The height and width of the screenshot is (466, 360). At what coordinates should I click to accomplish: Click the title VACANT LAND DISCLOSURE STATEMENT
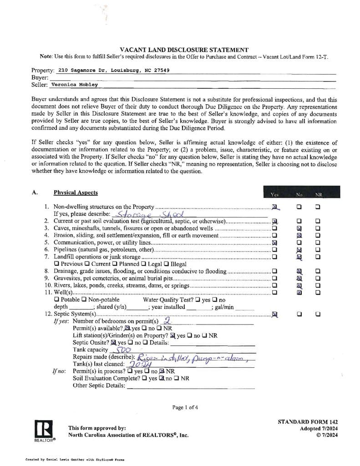point(184,50)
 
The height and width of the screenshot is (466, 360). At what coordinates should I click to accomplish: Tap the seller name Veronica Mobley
point(74,84)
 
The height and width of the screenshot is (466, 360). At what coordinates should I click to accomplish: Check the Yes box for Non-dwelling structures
point(274,207)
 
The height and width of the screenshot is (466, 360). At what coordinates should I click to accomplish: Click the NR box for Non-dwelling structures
point(318,207)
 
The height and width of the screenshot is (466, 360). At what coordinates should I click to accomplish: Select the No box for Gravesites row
point(299,278)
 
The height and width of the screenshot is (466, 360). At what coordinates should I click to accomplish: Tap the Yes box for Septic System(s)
point(274,314)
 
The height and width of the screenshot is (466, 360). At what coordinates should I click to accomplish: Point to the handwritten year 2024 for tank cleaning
point(138,365)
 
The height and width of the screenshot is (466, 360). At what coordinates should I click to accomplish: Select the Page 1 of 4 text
point(185,407)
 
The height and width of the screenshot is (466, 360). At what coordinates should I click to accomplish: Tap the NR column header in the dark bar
point(318,195)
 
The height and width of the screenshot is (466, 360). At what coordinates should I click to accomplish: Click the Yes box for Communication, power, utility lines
point(274,243)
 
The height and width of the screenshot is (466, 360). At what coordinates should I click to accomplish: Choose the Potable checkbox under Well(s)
point(56,300)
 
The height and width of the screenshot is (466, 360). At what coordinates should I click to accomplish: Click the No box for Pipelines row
point(299,250)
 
